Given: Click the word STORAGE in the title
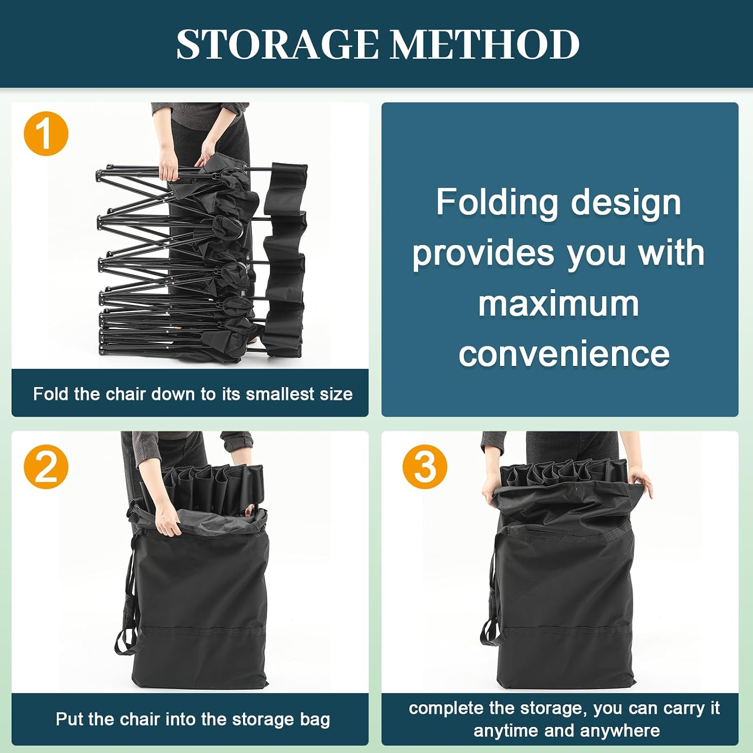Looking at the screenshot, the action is point(278,44).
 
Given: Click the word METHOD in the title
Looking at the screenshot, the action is point(485,44).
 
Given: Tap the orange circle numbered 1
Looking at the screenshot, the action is point(46,134).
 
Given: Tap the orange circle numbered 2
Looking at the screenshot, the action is point(46,466).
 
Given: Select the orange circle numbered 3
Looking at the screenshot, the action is point(425,466).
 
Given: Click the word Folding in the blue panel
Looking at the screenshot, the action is point(497,203).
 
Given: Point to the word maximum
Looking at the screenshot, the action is point(559,304).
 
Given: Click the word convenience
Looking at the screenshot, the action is point(564,354).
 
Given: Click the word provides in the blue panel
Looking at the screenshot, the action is point(483,254).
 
